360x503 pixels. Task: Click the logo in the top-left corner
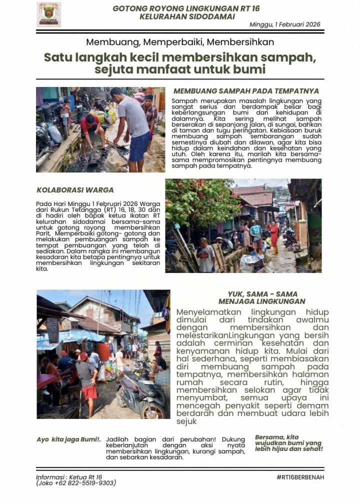click(x=48, y=14)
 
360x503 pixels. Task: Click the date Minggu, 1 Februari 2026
click(x=285, y=24)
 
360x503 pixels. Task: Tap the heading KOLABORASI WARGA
click(x=75, y=190)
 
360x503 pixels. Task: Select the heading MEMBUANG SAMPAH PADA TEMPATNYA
click(x=246, y=91)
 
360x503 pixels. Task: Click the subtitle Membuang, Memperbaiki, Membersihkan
click(x=180, y=42)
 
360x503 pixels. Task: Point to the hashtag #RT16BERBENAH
click(x=300, y=477)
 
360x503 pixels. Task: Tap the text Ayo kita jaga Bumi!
click(x=69, y=439)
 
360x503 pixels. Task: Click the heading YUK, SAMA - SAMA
click(x=262, y=294)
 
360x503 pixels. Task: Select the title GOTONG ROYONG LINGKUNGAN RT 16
click(x=186, y=8)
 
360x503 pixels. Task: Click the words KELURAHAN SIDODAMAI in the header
click(x=186, y=16)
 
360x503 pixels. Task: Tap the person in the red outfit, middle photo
click(x=274, y=237)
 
